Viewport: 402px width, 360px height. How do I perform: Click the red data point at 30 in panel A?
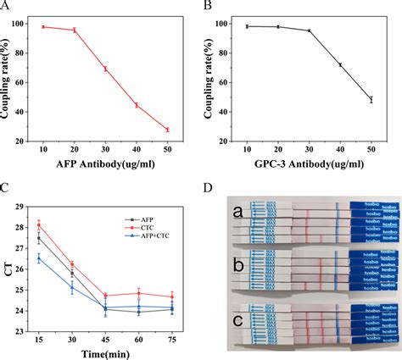pos(105,69)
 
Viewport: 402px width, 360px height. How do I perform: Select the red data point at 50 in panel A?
pos(167,130)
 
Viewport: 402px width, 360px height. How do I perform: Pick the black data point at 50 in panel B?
pos(371,99)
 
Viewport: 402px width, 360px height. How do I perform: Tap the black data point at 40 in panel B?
pos(340,64)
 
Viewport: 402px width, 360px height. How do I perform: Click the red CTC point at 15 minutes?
pos(38,225)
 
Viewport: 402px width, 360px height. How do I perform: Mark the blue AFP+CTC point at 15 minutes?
pos(38,258)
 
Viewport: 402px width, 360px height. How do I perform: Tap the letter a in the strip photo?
pos(240,211)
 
